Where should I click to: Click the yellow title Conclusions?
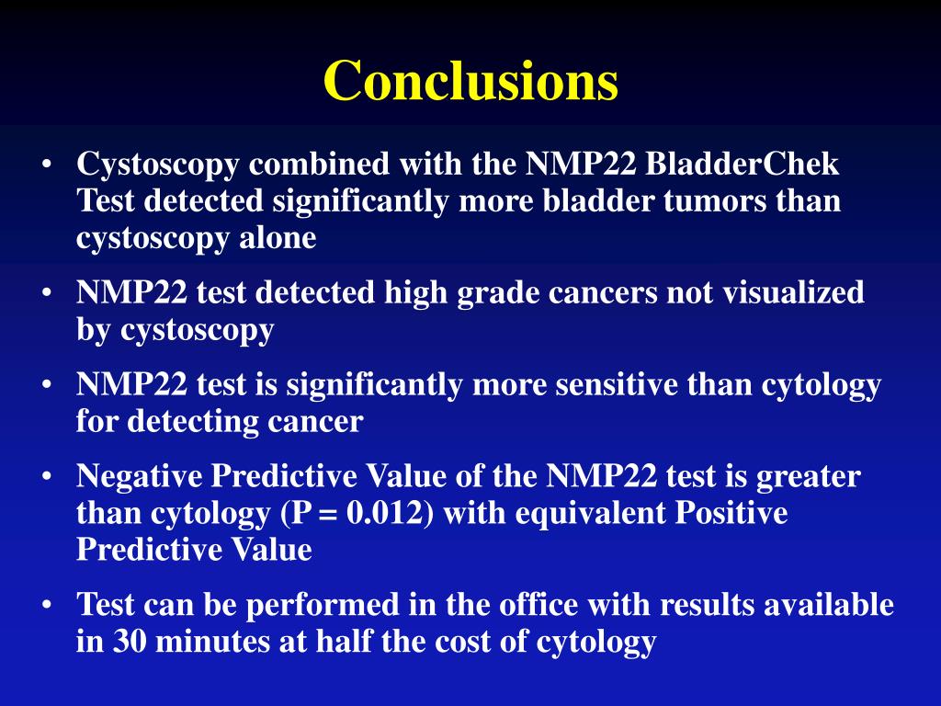tap(470, 81)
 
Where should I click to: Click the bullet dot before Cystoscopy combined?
tap(46, 166)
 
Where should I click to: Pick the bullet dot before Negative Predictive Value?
tap(46, 478)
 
